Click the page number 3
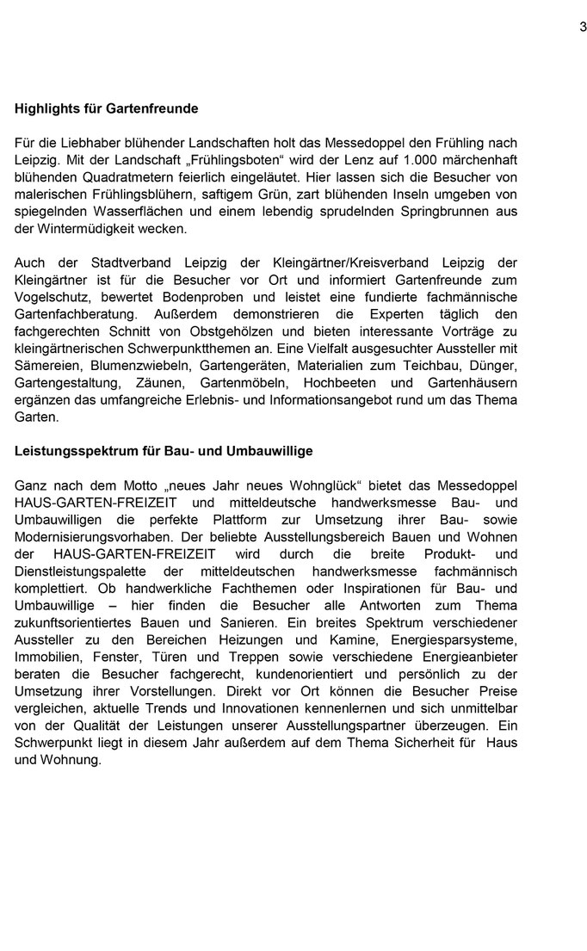tap(583, 27)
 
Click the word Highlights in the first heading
tap(43, 109)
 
